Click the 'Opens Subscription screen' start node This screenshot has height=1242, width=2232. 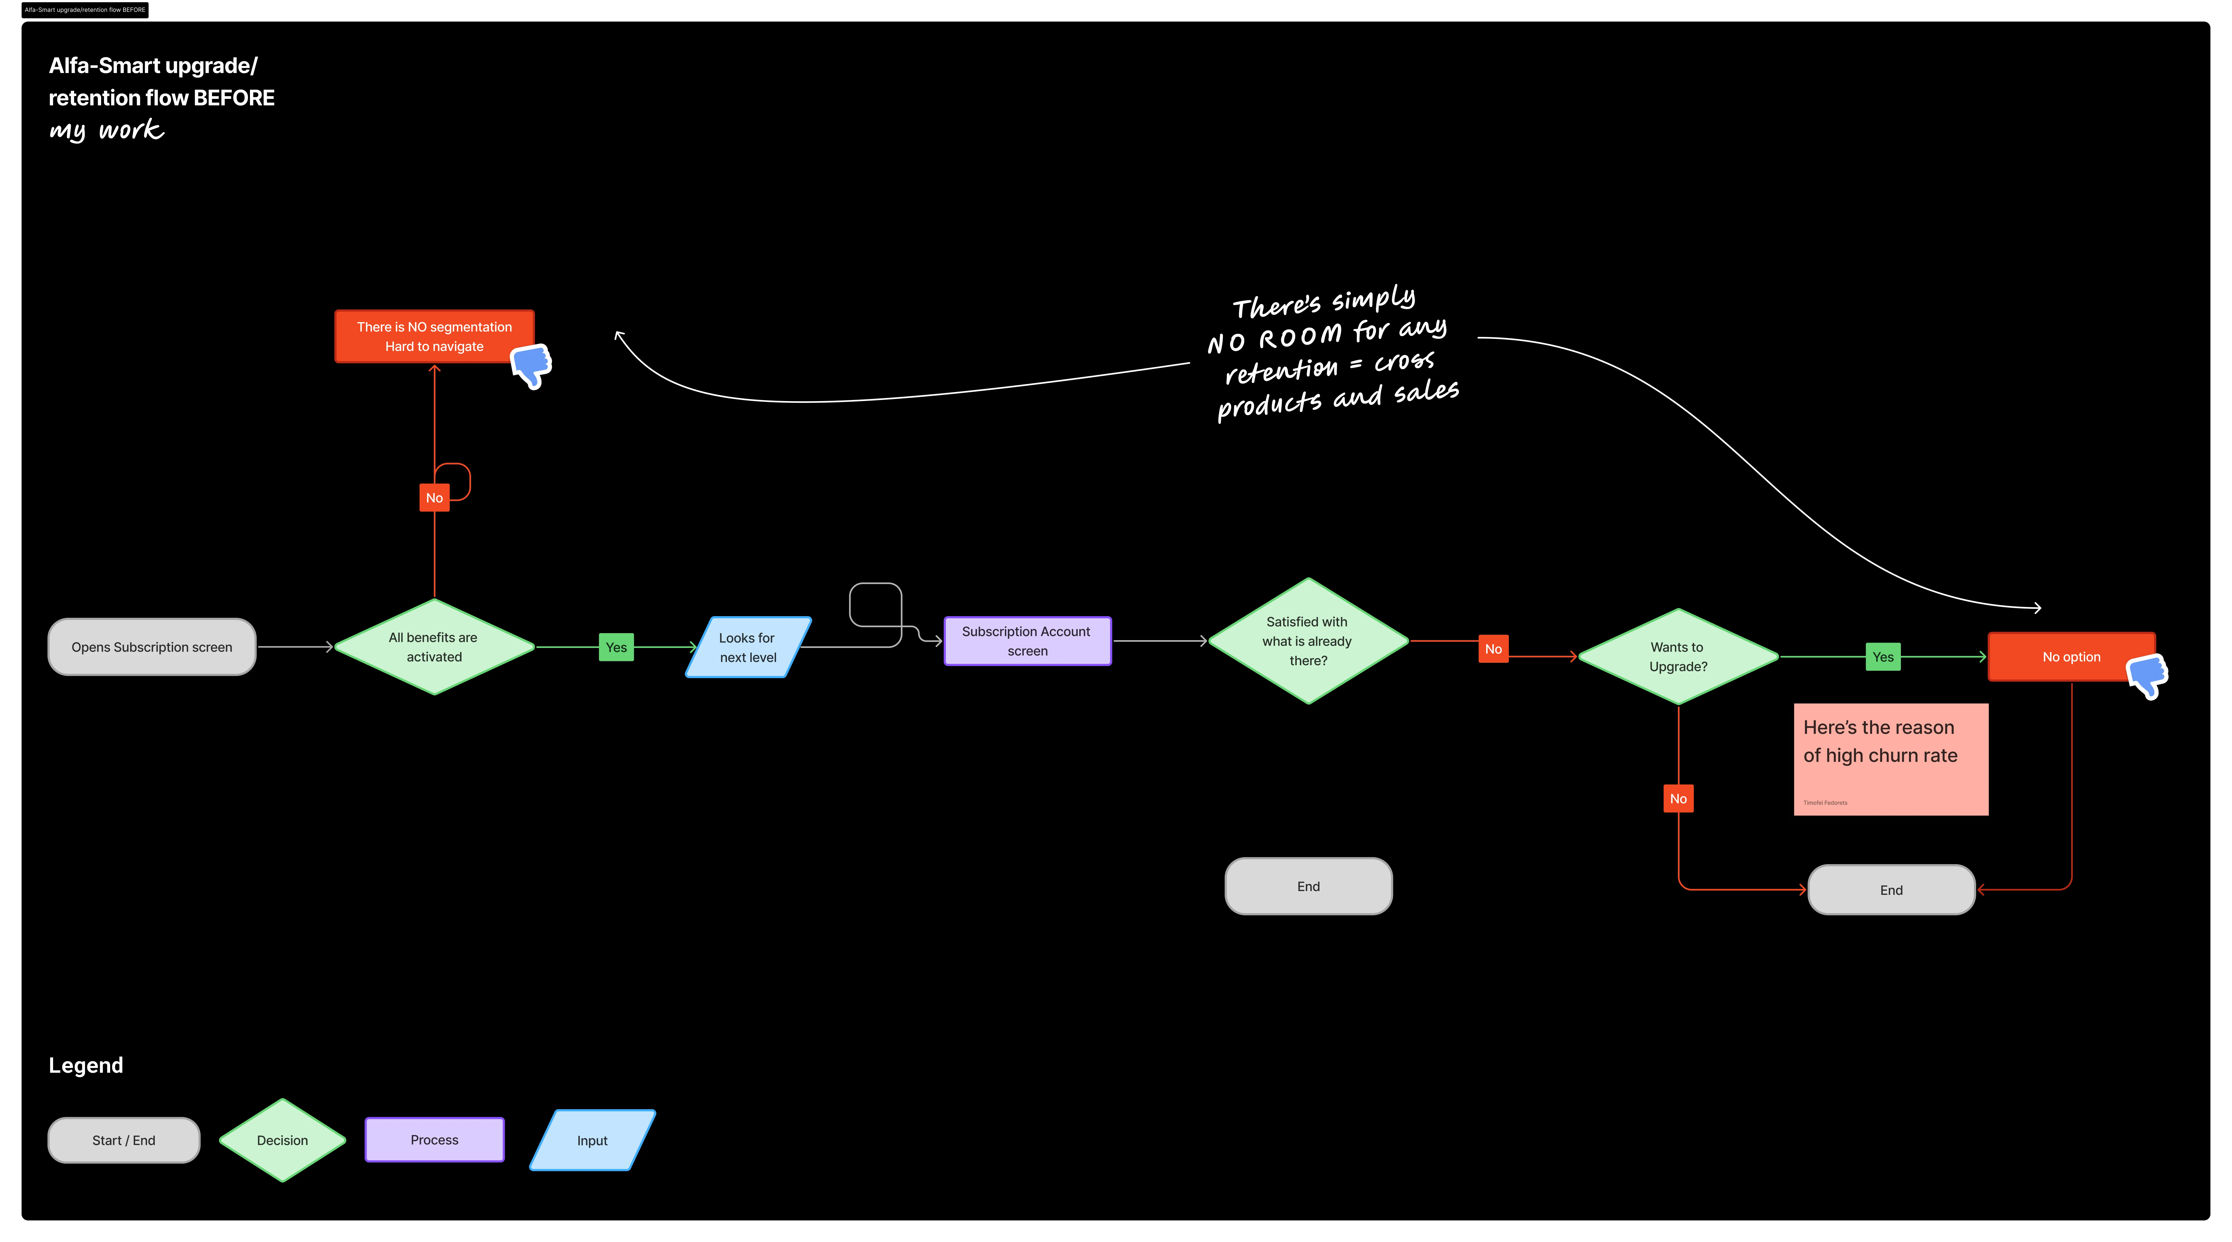(x=152, y=647)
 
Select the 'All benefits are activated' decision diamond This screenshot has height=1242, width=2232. (x=434, y=647)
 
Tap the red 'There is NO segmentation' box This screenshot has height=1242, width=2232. (x=434, y=336)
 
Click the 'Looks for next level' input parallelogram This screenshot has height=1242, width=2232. (x=748, y=647)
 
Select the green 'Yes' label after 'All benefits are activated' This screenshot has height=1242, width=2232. (x=616, y=647)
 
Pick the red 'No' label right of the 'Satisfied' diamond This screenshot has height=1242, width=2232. (x=1493, y=649)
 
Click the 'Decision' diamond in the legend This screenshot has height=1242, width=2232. (x=283, y=1140)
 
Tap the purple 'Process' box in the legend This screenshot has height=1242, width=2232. (x=434, y=1140)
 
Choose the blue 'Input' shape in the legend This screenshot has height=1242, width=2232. (x=593, y=1140)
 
